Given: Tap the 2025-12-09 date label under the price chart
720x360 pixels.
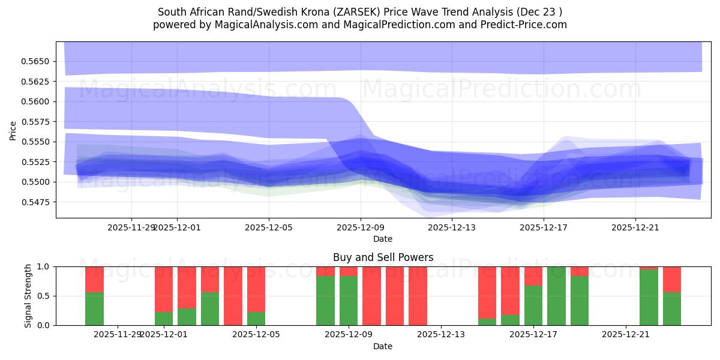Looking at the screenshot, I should (360, 227).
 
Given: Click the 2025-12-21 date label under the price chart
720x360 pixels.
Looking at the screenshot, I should (635, 227).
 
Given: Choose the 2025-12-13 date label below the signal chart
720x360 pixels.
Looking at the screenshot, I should (440, 334).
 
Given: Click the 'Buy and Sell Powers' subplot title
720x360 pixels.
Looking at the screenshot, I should (383, 257).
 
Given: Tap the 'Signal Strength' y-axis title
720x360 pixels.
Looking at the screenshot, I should (28, 295).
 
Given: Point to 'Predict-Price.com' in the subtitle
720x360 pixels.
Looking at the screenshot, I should (526, 25).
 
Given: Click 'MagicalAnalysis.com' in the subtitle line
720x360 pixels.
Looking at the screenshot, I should (258, 25).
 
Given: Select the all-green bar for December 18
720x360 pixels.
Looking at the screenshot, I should (556, 296).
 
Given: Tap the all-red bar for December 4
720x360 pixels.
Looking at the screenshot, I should (233, 296).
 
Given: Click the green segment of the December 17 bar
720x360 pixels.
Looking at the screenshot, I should (533, 305).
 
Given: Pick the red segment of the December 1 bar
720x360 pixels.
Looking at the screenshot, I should (164, 289).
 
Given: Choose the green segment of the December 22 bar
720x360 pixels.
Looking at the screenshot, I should (649, 298).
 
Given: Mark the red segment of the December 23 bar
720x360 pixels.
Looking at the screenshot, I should (672, 279).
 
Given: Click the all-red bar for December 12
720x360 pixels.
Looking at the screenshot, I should (418, 296).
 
